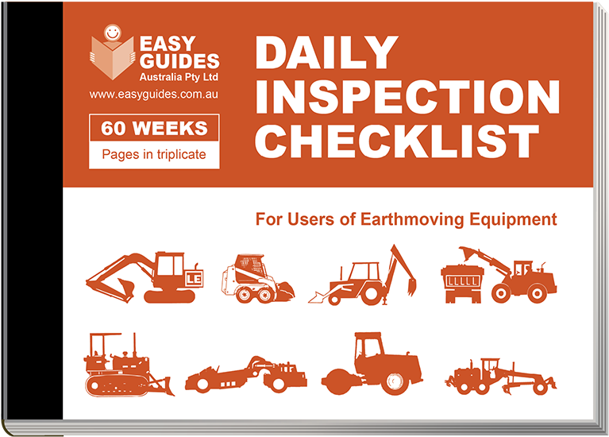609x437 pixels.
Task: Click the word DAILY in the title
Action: coord(326,52)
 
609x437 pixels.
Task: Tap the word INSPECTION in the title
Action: coord(407,97)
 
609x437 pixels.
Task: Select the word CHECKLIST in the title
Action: coord(397,141)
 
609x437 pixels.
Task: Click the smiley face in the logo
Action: coord(113,33)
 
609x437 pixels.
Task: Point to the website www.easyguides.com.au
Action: coord(154,95)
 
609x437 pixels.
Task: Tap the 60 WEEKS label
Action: coord(154,128)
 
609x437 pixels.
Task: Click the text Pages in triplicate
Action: coord(154,154)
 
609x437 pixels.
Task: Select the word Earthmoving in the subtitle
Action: coord(412,219)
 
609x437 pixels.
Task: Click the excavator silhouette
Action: coord(145,277)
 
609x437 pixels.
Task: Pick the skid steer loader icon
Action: coord(258,278)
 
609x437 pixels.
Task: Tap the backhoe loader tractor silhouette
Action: coord(362,275)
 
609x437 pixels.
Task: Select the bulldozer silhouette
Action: coord(129,365)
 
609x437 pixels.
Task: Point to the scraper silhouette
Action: coord(246,373)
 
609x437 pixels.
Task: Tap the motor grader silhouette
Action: coord(501,376)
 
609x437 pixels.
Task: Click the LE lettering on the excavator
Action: coord(194,279)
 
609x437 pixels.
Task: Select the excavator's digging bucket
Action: coord(126,290)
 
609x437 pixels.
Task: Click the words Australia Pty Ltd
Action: coord(179,77)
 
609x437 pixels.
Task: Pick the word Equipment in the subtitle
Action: coord(513,220)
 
